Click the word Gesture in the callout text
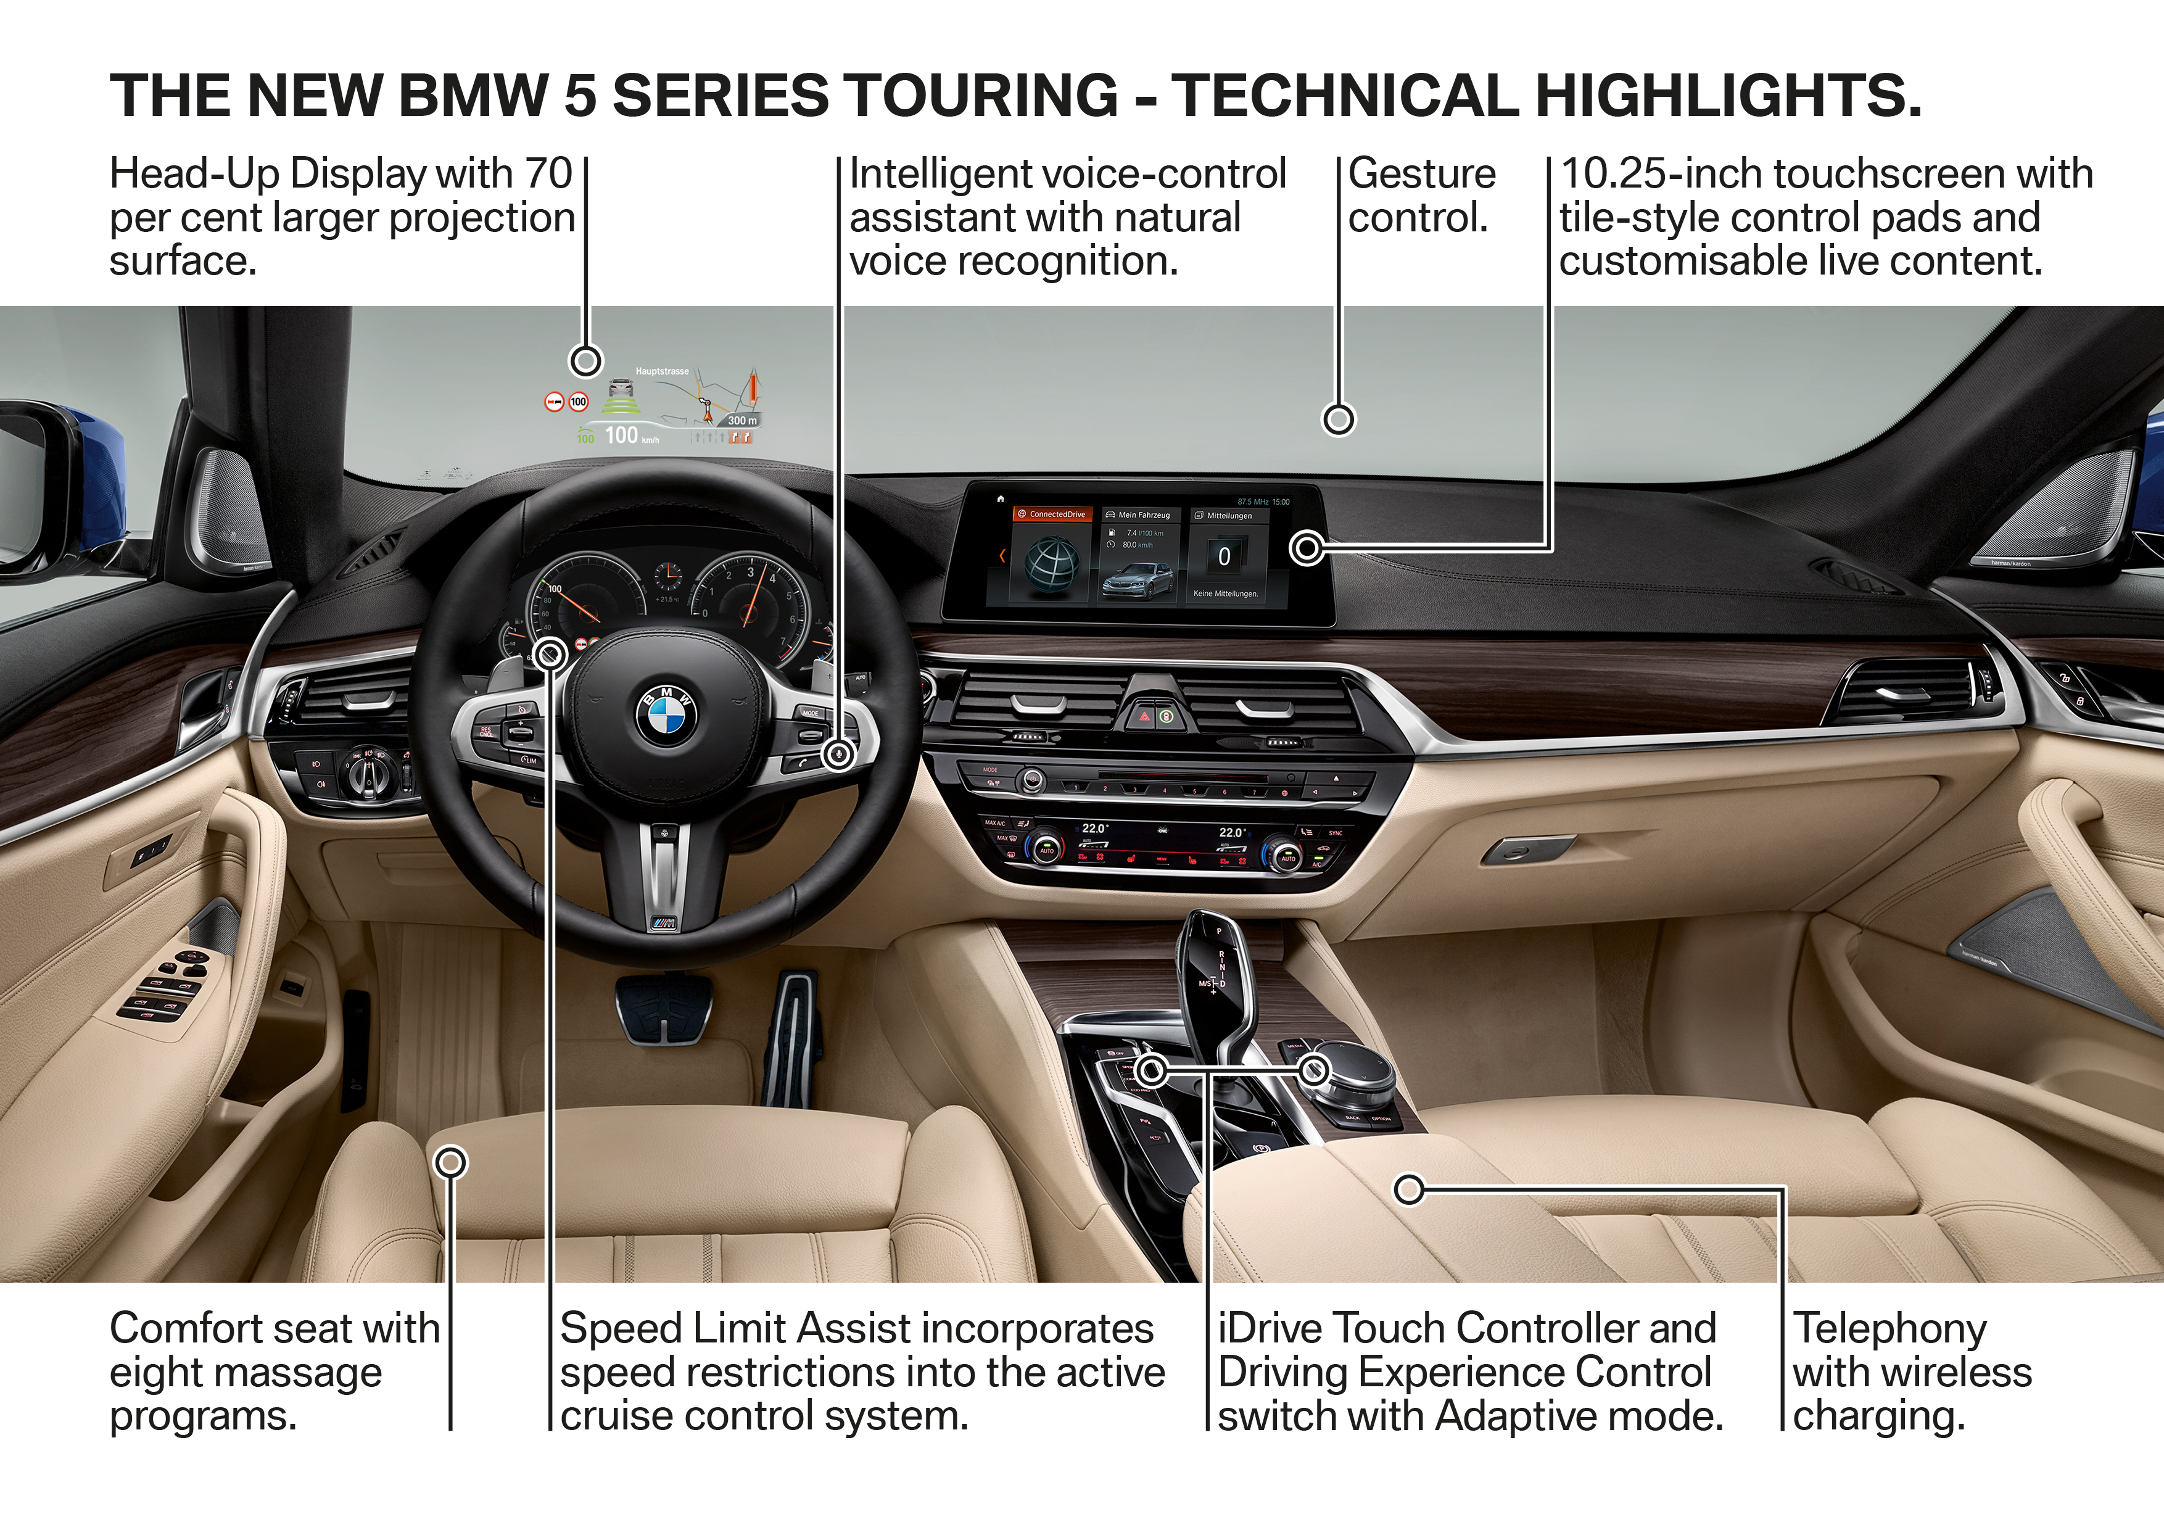[x=1421, y=175]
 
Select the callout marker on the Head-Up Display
[x=586, y=361]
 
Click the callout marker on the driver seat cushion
[x=452, y=1162]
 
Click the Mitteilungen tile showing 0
[x=1225, y=556]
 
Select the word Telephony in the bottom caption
[x=1889, y=1329]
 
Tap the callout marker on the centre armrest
[x=1408, y=1189]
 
